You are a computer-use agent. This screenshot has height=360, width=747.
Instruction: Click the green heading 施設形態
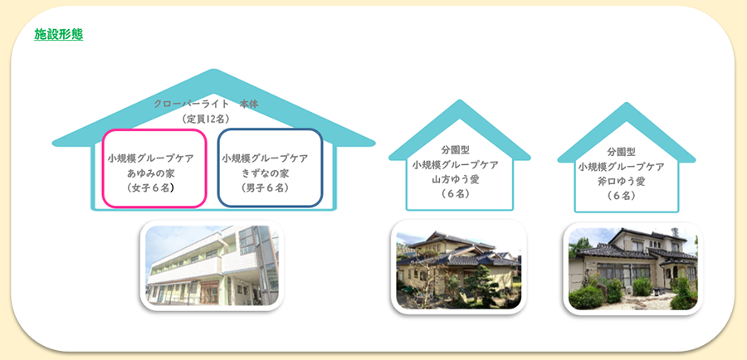point(59,34)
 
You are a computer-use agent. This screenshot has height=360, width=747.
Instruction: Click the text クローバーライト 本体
point(206,105)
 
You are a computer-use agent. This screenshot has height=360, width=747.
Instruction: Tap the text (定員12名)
point(206,119)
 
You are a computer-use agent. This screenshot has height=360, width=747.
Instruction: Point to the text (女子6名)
point(150,187)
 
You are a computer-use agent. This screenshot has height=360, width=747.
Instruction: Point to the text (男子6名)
point(265,187)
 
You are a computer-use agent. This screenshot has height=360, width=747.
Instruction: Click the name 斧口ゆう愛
point(621,181)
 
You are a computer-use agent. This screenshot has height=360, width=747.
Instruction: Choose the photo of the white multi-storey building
point(212,265)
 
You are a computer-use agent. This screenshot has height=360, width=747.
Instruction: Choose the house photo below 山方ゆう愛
point(458,266)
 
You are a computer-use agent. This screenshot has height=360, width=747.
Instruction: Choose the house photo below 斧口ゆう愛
point(632,269)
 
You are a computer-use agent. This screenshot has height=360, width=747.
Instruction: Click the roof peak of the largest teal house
point(213,71)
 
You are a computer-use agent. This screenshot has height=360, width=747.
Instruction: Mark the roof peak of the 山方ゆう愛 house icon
point(459,101)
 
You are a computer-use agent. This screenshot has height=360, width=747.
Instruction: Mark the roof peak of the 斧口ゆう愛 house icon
point(627,104)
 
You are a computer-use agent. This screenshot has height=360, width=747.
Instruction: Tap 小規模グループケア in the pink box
point(150,158)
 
